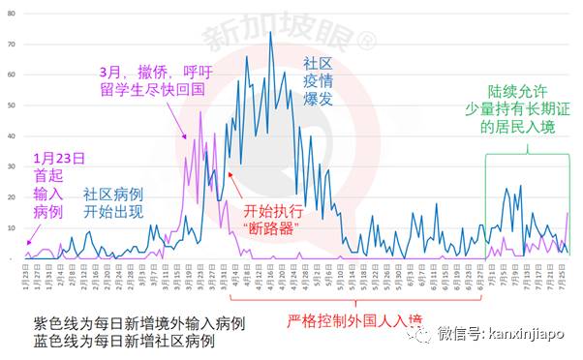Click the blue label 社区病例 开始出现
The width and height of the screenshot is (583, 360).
(x=112, y=201)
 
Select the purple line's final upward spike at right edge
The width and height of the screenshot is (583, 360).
(x=568, y=214)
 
